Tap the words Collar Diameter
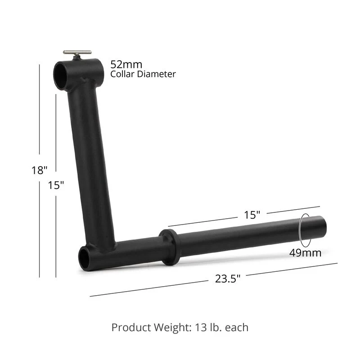click(x=143, y=74)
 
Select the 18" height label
click(x=40, y=170)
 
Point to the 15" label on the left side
click(x=56, y=185)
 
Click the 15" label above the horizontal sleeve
click(x=252, y=215)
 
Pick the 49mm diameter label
click(x=305, y=252)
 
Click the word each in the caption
click(x=237, y=327)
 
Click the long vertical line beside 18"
click(x=40, y=112)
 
